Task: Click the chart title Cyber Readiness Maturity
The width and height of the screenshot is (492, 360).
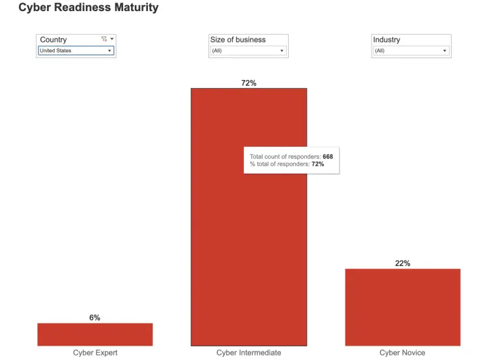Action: pos(88,8)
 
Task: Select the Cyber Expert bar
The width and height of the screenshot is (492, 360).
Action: pos(94,334)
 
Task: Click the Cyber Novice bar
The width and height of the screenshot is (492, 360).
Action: pos(402,307)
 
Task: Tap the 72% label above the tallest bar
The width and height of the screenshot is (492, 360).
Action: pos(249,83)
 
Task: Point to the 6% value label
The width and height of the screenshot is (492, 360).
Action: pos(94,318)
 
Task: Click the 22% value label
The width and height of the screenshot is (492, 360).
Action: pos(402,263)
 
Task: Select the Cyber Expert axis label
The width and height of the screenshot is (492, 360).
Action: pos(95,353)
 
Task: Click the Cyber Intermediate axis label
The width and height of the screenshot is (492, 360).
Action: pos(249,353)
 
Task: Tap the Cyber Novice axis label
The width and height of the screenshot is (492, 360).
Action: pos(402,353)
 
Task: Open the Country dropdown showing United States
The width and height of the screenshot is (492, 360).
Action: pos(76,51)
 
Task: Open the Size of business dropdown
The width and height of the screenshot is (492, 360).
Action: pos(248,51)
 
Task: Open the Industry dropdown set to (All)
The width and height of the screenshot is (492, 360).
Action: pos(411,51)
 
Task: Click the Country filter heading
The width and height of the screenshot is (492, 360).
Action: pos(53,40)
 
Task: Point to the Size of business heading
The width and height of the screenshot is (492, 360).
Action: pos(238,40)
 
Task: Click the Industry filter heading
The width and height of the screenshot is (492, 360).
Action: pos(386,40)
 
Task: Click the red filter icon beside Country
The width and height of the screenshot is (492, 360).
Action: pos(104,39)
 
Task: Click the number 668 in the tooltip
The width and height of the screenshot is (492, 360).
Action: pos(328,157)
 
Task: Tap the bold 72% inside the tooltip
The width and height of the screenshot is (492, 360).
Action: pos(317,164)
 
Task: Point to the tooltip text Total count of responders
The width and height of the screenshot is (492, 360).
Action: pos(285,157)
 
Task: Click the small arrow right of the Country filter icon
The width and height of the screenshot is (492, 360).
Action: pos(112,39)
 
